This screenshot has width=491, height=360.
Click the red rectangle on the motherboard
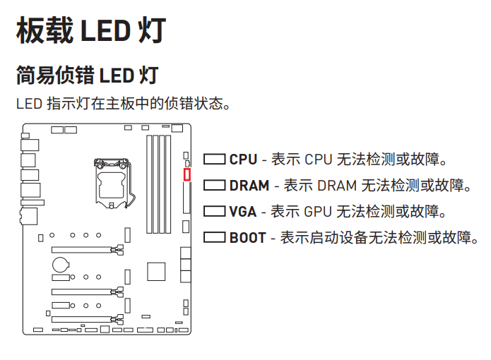(187, 174)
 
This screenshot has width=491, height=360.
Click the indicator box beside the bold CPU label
(215, 160)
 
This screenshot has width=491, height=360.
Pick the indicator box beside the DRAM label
(215, 186)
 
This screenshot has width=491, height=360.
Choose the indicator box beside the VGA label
(215, 211)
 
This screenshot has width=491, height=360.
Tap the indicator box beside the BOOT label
(215, 237)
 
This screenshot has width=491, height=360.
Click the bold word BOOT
(247, 238)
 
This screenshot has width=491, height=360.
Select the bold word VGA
(243, 212)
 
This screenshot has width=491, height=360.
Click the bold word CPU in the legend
(243, 160)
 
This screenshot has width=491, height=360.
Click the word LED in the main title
(106, 31)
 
